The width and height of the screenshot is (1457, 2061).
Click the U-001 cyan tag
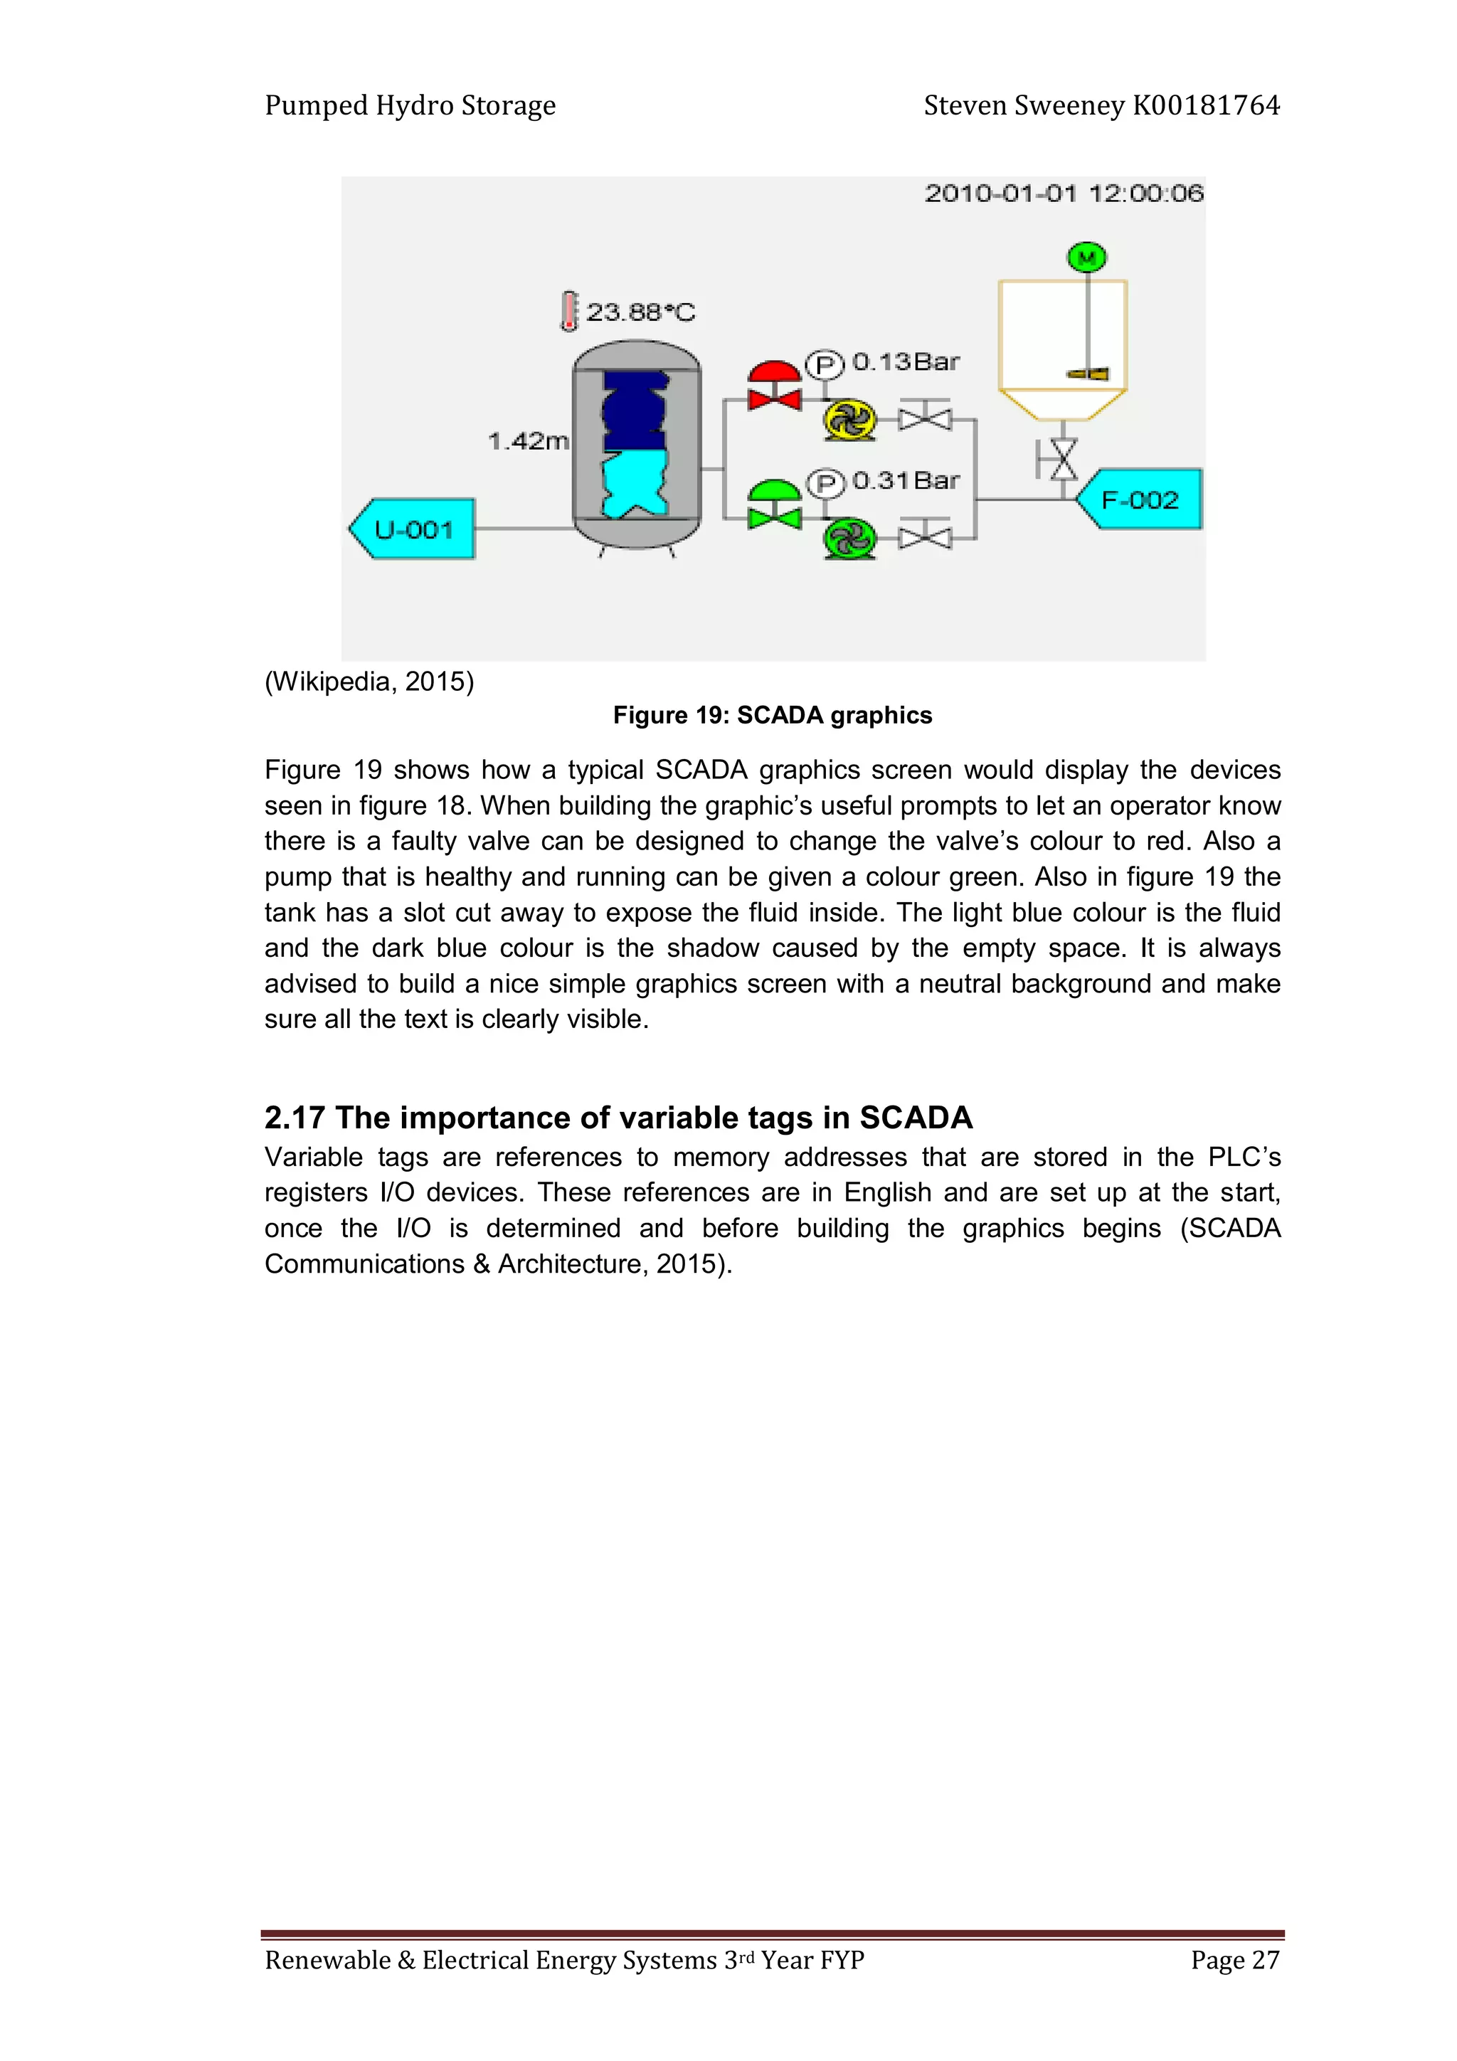click(413, 529)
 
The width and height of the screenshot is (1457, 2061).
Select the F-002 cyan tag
click(1140, 500)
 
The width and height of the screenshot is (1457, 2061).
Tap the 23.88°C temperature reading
click(640, 312)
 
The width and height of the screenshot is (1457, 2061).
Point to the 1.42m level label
click(528, 441)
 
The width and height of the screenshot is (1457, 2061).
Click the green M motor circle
click(1086, 258)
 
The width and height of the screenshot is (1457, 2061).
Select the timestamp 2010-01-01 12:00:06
click(1064, 193)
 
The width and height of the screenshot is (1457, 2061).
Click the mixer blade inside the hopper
click(1088, 373)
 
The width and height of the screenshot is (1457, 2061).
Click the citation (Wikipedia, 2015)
click(369, 682)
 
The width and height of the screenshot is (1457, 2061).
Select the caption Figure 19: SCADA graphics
click(772, 716)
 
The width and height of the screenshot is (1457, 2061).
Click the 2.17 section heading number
click(294, 1118)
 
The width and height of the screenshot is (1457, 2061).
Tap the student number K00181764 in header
click(1206, 106)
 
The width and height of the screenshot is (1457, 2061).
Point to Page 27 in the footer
click(1234, 1959)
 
